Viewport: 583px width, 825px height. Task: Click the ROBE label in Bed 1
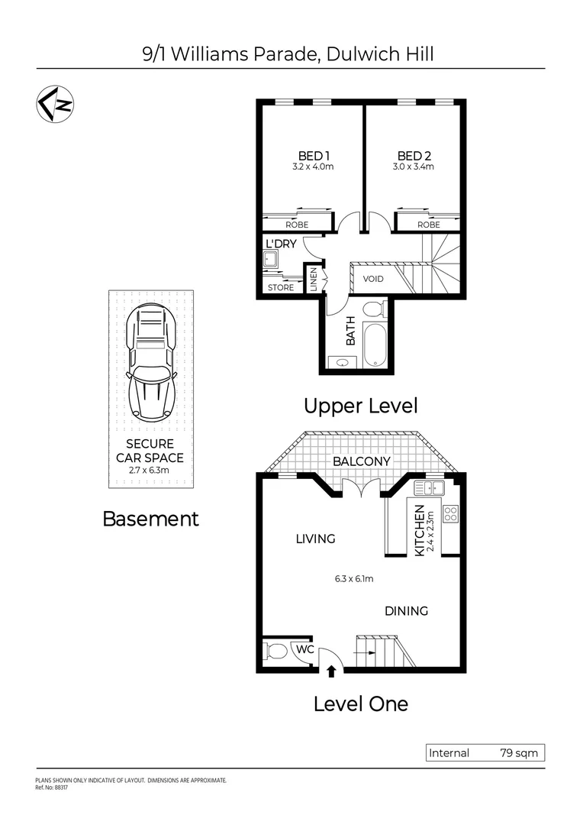pyautogui.click(x=297, y=225)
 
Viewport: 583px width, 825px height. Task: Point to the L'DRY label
pyautogui.click(x=280, y=244)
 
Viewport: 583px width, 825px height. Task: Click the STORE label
pyautogui.click(x=281, y=288)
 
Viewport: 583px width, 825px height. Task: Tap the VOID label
pyautogui.click(x=373, y=279)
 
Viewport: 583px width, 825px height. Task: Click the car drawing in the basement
pyautogui.click(x=153, y=362)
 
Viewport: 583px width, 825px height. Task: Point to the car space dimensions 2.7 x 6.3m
pyautogui.click(x=150, y=471)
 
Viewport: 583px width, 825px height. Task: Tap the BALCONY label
pyautogui.click(x=361, y=461)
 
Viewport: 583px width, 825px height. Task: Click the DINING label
pyautogui.click(x=406, y=611)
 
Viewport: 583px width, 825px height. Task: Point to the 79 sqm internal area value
pyautogui.click(x=519, y=753)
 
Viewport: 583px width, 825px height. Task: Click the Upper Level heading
pyautogui.click(x=361, y=406)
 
